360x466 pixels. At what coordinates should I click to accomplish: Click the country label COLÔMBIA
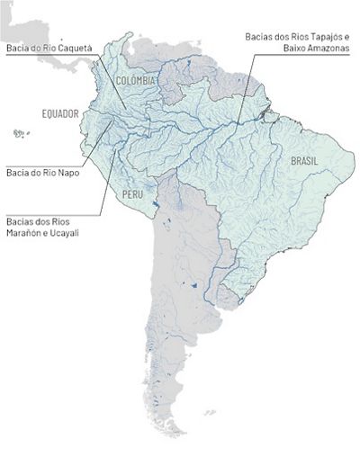pyautogui.click(x=136, y=81)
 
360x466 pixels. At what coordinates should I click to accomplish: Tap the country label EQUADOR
pyautogui.click(x=60, y=114)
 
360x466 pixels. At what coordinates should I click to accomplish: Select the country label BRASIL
pyautogui.click(x=301, y=162)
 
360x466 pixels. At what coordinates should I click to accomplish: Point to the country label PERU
pyautogui.click(x=132, y=193)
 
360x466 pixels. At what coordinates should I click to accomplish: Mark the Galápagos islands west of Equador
pyautogui.click(x=19, y=134)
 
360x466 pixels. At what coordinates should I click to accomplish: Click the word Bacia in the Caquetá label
pyautogui.click(x=16, y=47)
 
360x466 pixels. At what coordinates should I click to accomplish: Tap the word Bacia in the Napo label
pyautogui.click(x=16, y=172)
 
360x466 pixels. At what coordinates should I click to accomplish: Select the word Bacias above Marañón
pyautogui.click(x=19, y=220)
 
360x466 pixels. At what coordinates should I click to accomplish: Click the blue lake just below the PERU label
pyautogui.click(x=157, y=209)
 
